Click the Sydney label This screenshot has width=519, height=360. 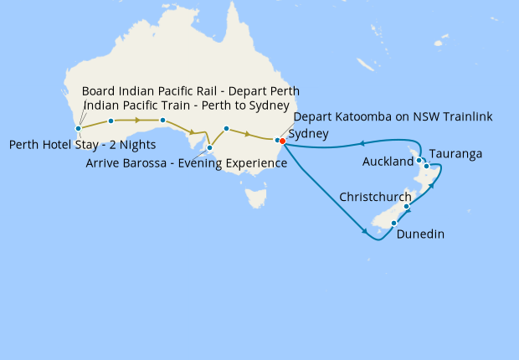308,134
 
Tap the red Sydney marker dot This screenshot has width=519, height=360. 283,141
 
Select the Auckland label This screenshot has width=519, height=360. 388,161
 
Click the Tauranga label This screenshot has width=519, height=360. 456,155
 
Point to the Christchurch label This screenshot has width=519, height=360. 375,197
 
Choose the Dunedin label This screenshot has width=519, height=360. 421,234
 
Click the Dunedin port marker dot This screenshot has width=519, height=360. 393,223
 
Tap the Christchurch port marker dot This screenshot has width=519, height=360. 407,206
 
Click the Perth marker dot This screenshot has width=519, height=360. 78,129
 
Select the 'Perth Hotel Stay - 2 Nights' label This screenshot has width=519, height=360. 82,145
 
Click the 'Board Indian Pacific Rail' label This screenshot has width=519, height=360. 190,90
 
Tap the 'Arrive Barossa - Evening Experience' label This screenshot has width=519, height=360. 187,163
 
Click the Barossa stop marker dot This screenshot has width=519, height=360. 210,148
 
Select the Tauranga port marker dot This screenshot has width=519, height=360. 427,166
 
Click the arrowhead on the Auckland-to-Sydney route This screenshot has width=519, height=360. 361,143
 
